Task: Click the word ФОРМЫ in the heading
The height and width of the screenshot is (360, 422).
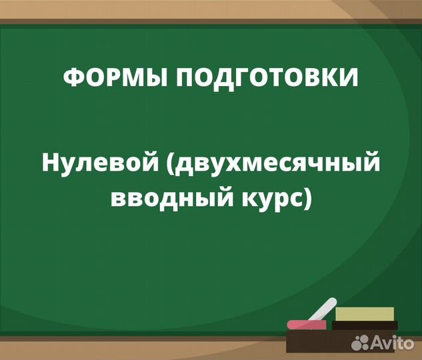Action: coord(109,77)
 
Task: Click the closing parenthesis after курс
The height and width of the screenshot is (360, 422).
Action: coord(307,198)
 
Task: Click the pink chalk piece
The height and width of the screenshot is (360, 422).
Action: coord(306,323)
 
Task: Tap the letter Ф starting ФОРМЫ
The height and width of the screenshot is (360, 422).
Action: coord(72,77)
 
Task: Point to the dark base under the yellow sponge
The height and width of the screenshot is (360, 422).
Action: coord(365,325)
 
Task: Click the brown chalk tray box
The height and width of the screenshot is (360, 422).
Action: coord(320,341)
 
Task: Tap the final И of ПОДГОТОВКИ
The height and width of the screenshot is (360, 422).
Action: coord(349,77)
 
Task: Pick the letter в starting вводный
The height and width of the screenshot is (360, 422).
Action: coord(117,197)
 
